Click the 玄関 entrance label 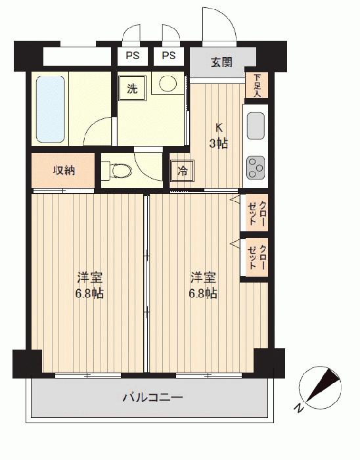[x=221, y=62]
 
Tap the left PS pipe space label [x=133, y=55]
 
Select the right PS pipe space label [x=169, y=55]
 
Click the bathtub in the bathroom [x=51, y=109]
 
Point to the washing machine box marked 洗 [x=132, y=88]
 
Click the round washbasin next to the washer [x=168, y=83]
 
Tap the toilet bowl [x=120, y=170]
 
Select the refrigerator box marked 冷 [x=183, y=171]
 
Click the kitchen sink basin [x=256, y=126]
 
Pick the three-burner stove [x=256, y=168]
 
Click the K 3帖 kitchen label [x=218, y=136]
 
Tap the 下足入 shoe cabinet [x=257, y=85]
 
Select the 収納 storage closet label [x=64, y=170]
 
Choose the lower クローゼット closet [x=257, y=258]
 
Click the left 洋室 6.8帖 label [x=89, y=285]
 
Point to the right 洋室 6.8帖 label [x=203, y=285]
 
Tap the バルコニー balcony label [x=152, y=397]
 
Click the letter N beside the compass [x=298, y=408]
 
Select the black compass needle [x=323, y=385]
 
